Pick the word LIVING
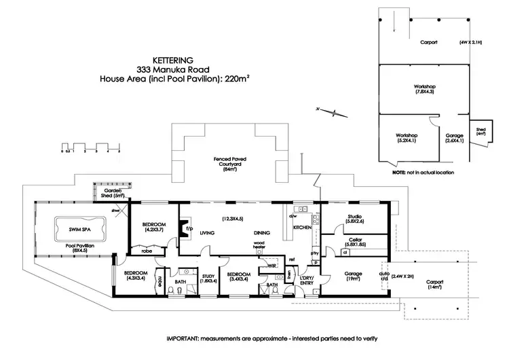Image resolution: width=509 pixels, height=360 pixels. coord(208,233)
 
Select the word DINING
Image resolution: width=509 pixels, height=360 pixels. coord(262,233)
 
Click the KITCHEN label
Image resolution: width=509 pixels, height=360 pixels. coord(302,227)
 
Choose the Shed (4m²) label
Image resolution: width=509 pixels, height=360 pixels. coord(480,132)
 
